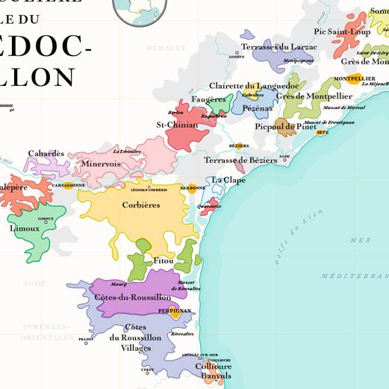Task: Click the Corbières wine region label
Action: tap(141, 205)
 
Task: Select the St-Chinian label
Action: tap(177, 125)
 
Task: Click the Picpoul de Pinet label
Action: tap(284, 127)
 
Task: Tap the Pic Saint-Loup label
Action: tap(342, 31)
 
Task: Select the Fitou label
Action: tap(163, 261)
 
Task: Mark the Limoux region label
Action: tap(25, 228)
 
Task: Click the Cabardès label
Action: tap(46, 153)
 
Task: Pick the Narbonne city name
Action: tap(193, 188)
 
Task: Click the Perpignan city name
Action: tap(175, 310)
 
